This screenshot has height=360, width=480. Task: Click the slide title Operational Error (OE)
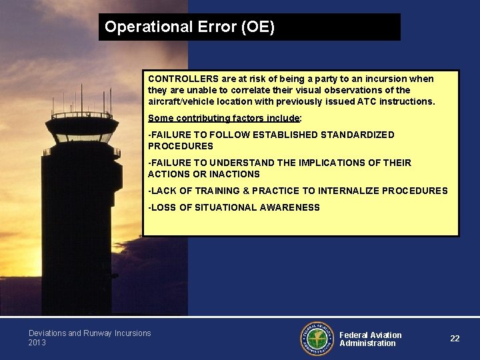tap(189, 27)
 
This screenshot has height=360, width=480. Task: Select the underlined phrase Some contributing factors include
tap(223, 118)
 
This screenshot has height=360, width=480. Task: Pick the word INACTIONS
tap(233, 174)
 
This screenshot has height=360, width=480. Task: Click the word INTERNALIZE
tap(347, 191)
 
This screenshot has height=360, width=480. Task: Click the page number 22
tap(455, 339)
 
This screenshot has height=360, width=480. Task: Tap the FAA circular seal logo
tap(317, 339)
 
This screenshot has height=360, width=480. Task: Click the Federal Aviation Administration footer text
tap(370, 339)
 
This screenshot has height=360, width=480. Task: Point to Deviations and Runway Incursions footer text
tap(89, 333)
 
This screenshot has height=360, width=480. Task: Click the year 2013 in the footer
tap(37, 343)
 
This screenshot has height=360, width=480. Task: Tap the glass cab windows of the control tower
tap(83, 138)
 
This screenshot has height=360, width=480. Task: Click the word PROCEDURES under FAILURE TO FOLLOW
tap(181, 146)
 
